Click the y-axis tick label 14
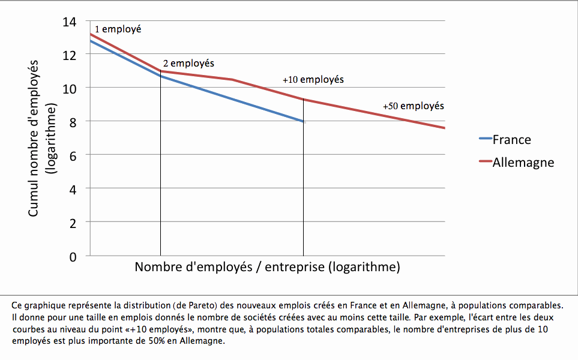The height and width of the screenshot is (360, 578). [70, 22]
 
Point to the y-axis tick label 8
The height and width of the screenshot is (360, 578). [73, 121]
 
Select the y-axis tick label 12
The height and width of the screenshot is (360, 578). [70, 55]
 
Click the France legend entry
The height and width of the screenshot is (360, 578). [511, 140]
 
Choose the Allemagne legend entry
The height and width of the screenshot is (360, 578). [523, 162]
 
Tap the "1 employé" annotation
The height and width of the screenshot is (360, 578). [118, 29]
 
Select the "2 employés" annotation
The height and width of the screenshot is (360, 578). [188, 63]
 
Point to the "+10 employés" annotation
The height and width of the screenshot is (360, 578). [313, 79]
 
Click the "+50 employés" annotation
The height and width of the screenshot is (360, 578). [414, 106]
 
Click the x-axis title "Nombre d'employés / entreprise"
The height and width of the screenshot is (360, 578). [267, 266]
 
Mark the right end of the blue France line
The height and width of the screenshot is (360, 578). [304, 122]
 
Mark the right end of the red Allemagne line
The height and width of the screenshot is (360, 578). [444, 128]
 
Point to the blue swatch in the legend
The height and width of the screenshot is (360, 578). [484, 140]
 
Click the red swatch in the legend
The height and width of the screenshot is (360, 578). [484, 162]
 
